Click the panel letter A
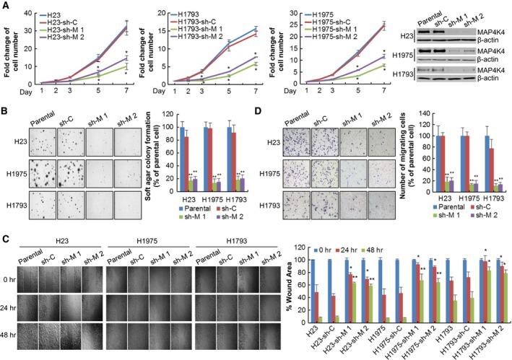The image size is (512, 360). pyautogui.click(x=5, y=5)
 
